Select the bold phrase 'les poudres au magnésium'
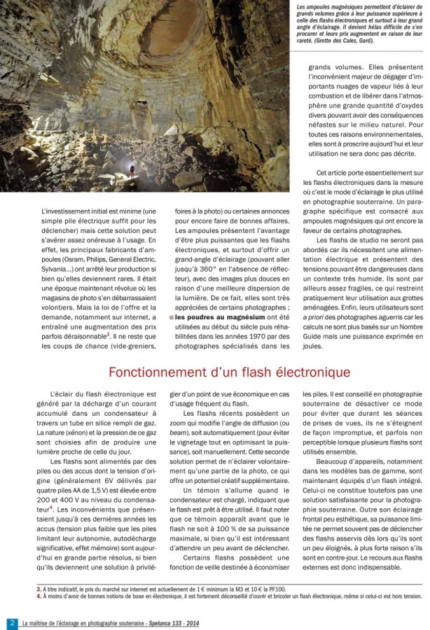point(210,317)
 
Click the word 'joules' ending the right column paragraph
point(314,345)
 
